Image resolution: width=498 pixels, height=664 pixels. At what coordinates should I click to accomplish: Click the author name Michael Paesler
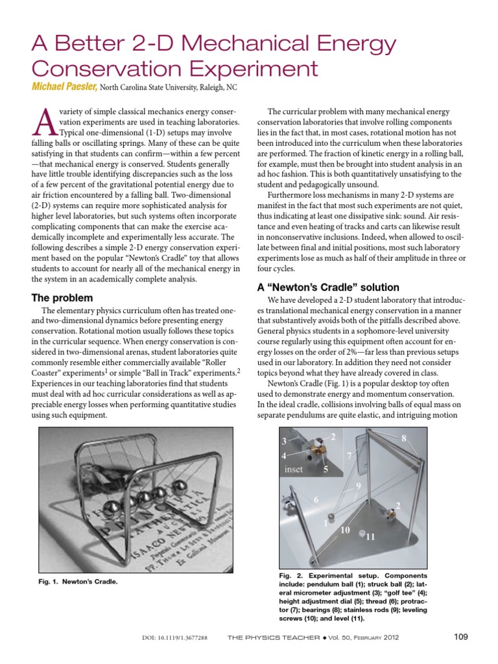pyautogui.click(x=64, y=88)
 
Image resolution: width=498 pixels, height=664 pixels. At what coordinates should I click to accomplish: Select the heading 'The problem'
pyautogui.click(x=62, y=298)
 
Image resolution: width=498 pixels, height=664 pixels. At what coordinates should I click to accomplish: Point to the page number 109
pyautogui.click(x=460, y=637)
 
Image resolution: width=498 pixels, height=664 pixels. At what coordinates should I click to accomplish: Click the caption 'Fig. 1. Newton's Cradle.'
pyautogui.click(x=78, y=582)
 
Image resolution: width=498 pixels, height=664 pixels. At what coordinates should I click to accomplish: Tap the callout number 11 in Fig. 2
pyautogui.click(x=371, y=536)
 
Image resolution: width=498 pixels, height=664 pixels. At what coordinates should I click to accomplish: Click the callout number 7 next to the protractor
pyautogui.click(x=350, y=456)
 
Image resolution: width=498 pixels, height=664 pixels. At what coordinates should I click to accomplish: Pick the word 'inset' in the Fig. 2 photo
pyautogui.click(x=294, y=469)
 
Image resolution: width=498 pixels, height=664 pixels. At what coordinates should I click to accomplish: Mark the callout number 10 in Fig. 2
pyautogui.click(x=345, y=530)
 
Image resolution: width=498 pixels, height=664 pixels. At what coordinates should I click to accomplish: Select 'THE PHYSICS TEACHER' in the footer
pyautogui.click(x=273, y=638)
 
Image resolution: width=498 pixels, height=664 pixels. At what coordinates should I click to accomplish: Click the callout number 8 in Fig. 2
pyautogui.click(x=403, y=439)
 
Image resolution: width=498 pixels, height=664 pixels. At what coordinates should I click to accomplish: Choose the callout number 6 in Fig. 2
pyautogui.click(x=316, y=500)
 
